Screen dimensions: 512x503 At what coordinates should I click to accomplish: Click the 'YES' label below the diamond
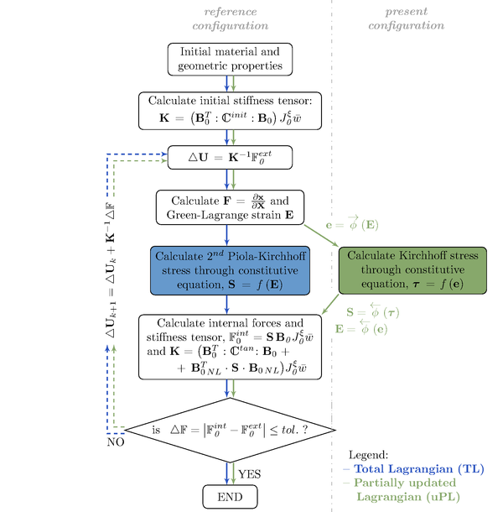point(250,474)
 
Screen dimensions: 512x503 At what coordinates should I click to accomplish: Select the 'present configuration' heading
point(417,19)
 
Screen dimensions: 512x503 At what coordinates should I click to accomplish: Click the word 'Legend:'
point(370,453)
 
